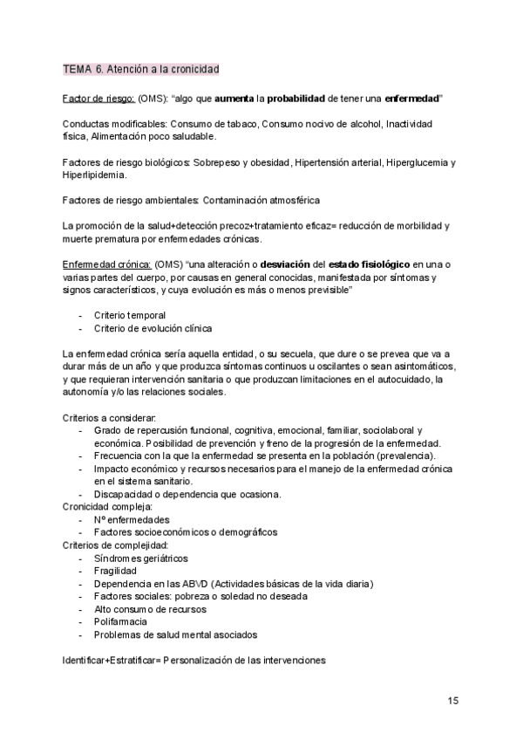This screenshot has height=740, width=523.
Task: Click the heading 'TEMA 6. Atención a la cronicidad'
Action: tap(140, 68)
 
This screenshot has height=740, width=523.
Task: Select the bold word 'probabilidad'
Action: tap(304, 99)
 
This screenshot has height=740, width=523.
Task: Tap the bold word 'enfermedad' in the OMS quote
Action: tap(410, 99)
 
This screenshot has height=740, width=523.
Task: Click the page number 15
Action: tap(453, 700)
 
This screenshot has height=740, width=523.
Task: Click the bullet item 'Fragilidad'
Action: tap(116, 571)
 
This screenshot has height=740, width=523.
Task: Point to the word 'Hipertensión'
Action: tap(328, 163)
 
